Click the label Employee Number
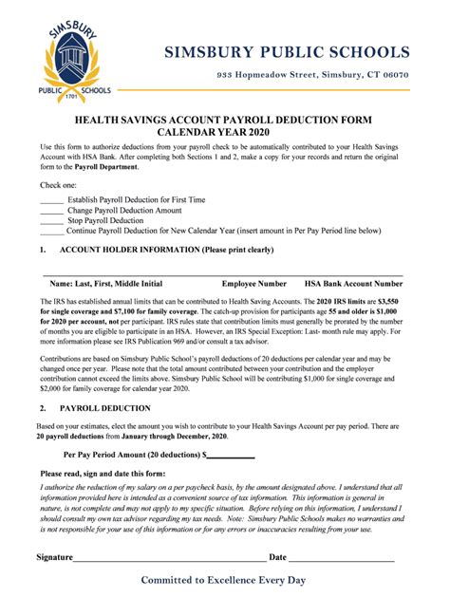click(x=254, y=284)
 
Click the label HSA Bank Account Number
click(x=353, y=284)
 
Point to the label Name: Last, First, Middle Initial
click(x=105, y=284)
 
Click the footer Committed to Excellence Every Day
click(x=224, y=579)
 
